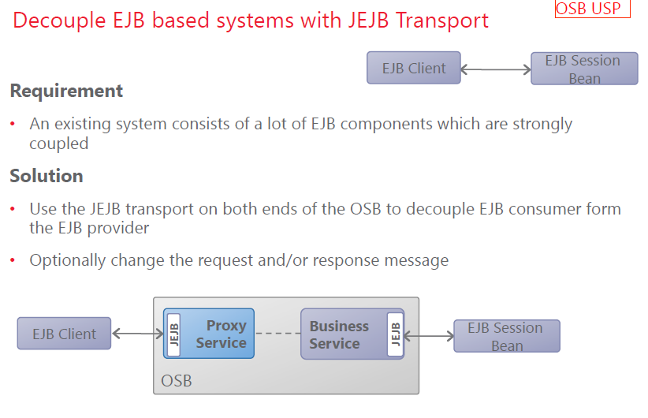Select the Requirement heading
[66, 91]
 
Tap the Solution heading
[47, 175]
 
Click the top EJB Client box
[413, 68]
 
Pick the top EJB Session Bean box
[584, 69]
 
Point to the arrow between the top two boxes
[495, 69]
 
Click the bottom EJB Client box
[64, 334]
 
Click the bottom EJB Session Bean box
[506, 336]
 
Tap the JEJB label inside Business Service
[395, 334]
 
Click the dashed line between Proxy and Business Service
[277, 334]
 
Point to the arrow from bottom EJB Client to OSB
[137, 334]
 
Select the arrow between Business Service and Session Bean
[429, 335]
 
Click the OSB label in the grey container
[177, 381]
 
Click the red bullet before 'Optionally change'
[13, 261]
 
